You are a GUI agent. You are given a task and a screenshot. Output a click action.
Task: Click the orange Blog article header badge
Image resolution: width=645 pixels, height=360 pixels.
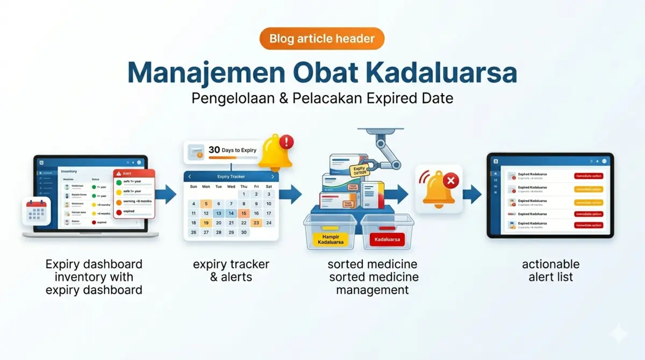[x=322, y=39]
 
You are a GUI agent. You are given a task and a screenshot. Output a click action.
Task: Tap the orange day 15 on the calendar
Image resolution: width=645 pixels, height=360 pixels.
[x=243, y=213]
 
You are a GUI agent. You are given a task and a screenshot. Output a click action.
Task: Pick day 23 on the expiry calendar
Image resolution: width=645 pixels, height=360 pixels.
[x=256, y=223]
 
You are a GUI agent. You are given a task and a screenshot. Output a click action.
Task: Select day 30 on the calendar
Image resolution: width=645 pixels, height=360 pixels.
[x=243, y=233]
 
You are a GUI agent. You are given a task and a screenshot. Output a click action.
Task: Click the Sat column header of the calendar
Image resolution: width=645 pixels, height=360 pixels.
[x=269, y=186]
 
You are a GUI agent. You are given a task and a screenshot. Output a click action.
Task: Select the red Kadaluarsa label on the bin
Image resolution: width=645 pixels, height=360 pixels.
[x=387, y=240]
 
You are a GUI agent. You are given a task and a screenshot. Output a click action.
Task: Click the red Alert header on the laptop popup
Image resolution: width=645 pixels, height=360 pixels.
[x=134, y=174]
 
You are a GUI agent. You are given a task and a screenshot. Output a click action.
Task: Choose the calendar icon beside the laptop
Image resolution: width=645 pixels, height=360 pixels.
[x=37, y=212]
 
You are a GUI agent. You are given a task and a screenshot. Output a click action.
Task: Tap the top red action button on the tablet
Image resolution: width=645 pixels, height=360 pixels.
[x=589, y=176]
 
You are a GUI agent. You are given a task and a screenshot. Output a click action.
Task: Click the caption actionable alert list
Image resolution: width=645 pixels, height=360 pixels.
[x=551, y=270]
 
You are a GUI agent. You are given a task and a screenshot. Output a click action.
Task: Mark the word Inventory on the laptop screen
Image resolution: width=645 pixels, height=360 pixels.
[x=69, y=171]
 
